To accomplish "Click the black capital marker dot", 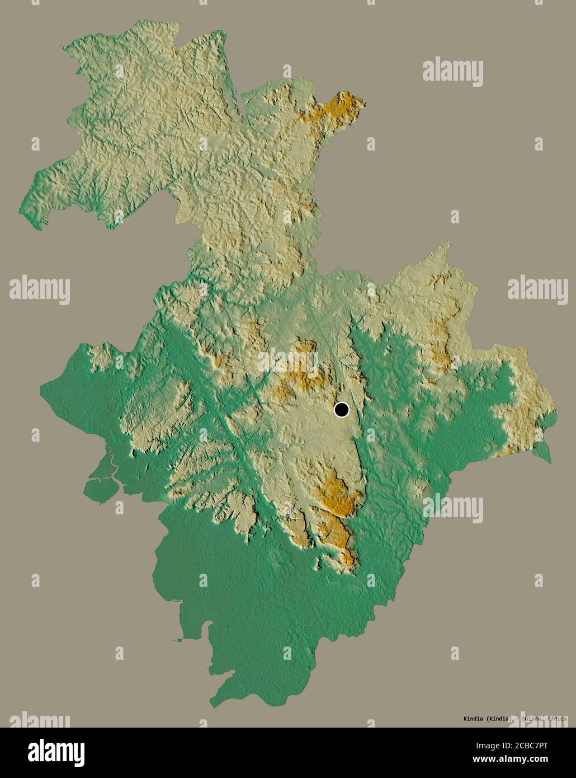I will (341, 410).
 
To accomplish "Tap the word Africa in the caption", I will (557, 719).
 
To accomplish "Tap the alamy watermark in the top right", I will (452, 71).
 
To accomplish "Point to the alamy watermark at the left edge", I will (39, 290).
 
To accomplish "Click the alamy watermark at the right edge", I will (537, 290).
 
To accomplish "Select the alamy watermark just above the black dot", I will (287, 358).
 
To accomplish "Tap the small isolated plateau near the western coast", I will (101, 356).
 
